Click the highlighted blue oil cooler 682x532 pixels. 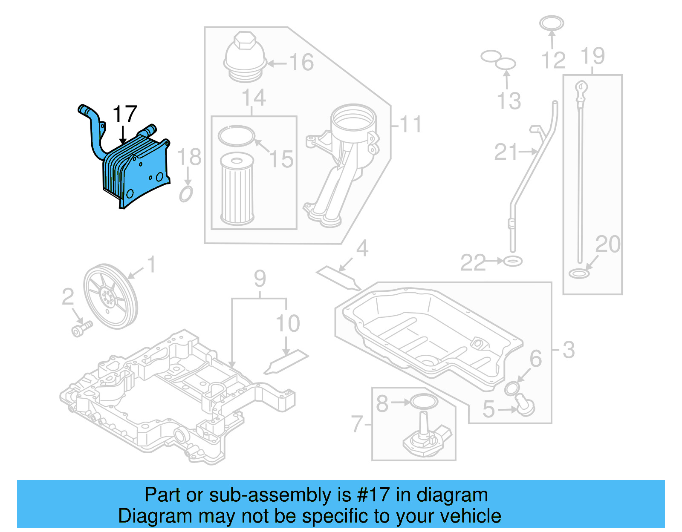pyautogui.click(x=136, y=170)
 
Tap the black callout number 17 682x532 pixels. pyautogui.click(x=124, y=115)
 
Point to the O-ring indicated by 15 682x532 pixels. pyautogui.click(x=236, y=136)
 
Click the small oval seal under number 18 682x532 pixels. pyautogui.click(x=186, y=194)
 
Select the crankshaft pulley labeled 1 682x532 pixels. pyautogui.click(x=110, y=296)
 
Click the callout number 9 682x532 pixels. pyautogui.click(x=260, y=279)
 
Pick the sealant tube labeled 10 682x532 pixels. pyautogui.click(x=286, y=362)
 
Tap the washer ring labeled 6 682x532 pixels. pyautogui.click(x=512, y=388)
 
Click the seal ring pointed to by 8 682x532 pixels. pyautogui.click(x=424, y=401)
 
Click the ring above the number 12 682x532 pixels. pyautogui.click(x=551, y=23)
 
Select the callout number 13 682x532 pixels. pyautogui.click(x=509, y=101)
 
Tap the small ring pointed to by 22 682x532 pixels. pyautogui.click(x=513, y=261)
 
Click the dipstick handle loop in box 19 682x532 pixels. pyautogui.click(x=581, y=88)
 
